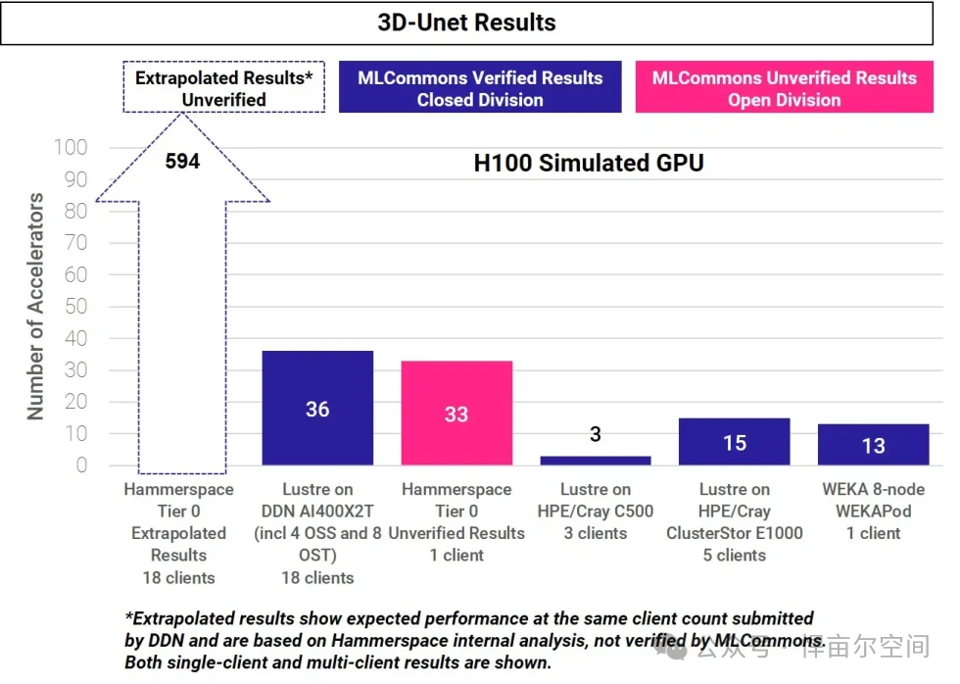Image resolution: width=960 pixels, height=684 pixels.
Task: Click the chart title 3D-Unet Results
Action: pos(466,23)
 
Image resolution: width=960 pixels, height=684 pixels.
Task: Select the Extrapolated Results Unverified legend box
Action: pos(223,88)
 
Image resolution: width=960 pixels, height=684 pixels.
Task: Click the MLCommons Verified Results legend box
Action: pos(480,88)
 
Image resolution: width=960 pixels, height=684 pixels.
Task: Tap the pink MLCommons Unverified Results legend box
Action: pos(784,88)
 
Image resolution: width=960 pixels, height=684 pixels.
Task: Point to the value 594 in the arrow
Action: pos(182,161)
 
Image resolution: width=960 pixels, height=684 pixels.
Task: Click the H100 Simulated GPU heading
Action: pos(588,164)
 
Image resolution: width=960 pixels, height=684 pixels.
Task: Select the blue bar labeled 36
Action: pos(317,408)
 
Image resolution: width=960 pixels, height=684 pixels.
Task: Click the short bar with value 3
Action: pos(595,460)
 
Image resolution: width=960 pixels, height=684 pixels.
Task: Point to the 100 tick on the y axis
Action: pos(71,148)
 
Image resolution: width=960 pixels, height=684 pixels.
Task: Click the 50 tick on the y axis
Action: pos(74,307)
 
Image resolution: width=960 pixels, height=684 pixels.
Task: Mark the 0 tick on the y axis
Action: pos(81,465)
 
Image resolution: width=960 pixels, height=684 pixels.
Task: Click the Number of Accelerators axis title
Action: pos(35,306)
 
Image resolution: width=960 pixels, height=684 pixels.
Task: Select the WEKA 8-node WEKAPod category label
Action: pos(873,511)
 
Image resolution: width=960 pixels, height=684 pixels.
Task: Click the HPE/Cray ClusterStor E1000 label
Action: pos(735,521)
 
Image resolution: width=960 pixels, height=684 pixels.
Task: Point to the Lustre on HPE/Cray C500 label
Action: pos(595,511)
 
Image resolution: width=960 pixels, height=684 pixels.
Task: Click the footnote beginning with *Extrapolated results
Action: pos(470,640)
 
